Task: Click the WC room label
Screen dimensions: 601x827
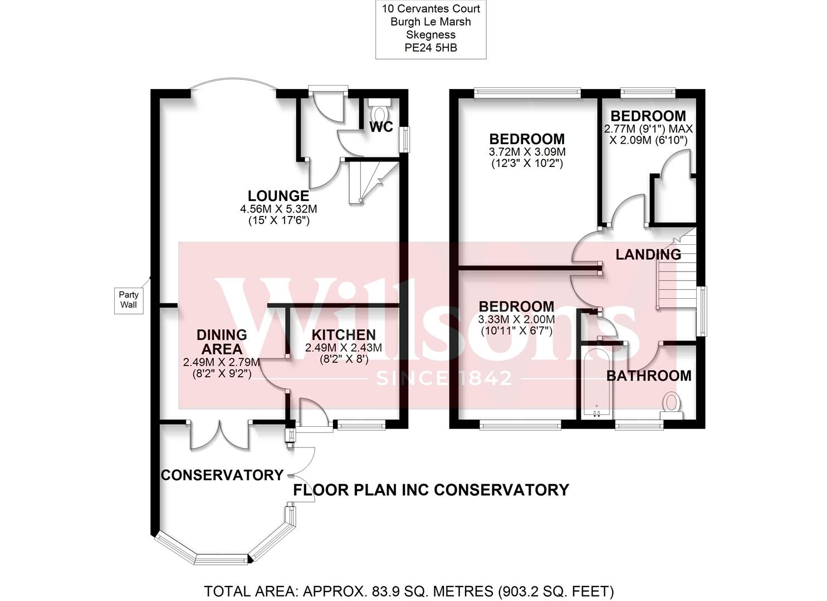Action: tap(381, 127)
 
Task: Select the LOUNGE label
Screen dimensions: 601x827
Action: tap(278, 196)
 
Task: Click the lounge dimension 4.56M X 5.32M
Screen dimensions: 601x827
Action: tap(278, 209)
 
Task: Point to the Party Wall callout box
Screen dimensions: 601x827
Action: tap(129, 300)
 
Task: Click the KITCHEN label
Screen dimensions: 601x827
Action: tap(343, 335)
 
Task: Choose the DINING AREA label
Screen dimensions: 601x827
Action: tap(222, 342)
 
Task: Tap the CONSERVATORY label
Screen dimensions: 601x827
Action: tap(222, 475)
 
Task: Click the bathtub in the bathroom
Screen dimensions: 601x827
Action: tap(595, 383)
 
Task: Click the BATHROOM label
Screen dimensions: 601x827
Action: tap(648, 376)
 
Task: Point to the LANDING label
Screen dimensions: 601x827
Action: tap(648, 255)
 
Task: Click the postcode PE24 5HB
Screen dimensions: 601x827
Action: tap(430, 48)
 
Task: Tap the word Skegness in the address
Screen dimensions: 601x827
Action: tap(430, 35)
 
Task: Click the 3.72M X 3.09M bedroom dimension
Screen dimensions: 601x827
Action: tap(526, 152)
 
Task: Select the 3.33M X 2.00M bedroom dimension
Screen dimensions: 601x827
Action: tap(516, 319)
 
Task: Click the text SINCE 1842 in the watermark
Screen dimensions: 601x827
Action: tap(444, 379)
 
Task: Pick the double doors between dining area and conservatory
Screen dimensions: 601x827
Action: tap(219, 435)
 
